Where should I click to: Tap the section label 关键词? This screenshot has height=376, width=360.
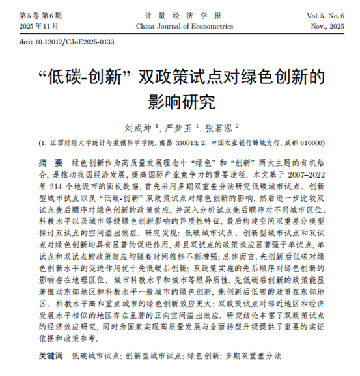pyautogui.click(x=50, y=357)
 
